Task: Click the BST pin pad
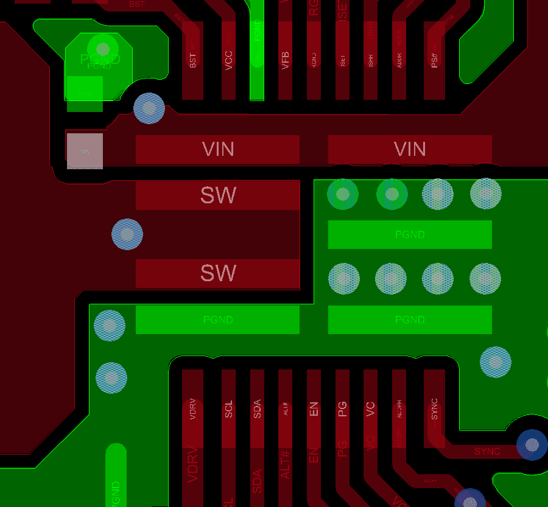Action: (192, 61)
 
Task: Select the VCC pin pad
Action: (228, 61)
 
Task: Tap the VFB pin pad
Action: (285, 61)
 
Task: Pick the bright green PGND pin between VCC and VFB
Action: (257, 61)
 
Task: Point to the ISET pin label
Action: (342, 60)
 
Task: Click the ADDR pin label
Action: (399, 60)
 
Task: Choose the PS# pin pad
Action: (434, 61)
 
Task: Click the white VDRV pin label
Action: (193, 408)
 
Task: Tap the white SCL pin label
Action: (229, 408)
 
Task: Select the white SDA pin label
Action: (257, 408)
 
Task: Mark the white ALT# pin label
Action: (286, 408)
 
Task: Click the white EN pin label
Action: (314, 408)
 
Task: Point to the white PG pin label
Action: (342, 408)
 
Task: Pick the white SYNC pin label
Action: (434, 408)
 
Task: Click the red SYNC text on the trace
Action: (487, 452)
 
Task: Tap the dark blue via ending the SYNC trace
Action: (532, 445)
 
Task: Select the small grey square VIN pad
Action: (85, 151)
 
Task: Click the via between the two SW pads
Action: (127, 234)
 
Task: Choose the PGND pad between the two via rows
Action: (410, 234)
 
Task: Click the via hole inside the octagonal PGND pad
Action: (103, 49)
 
